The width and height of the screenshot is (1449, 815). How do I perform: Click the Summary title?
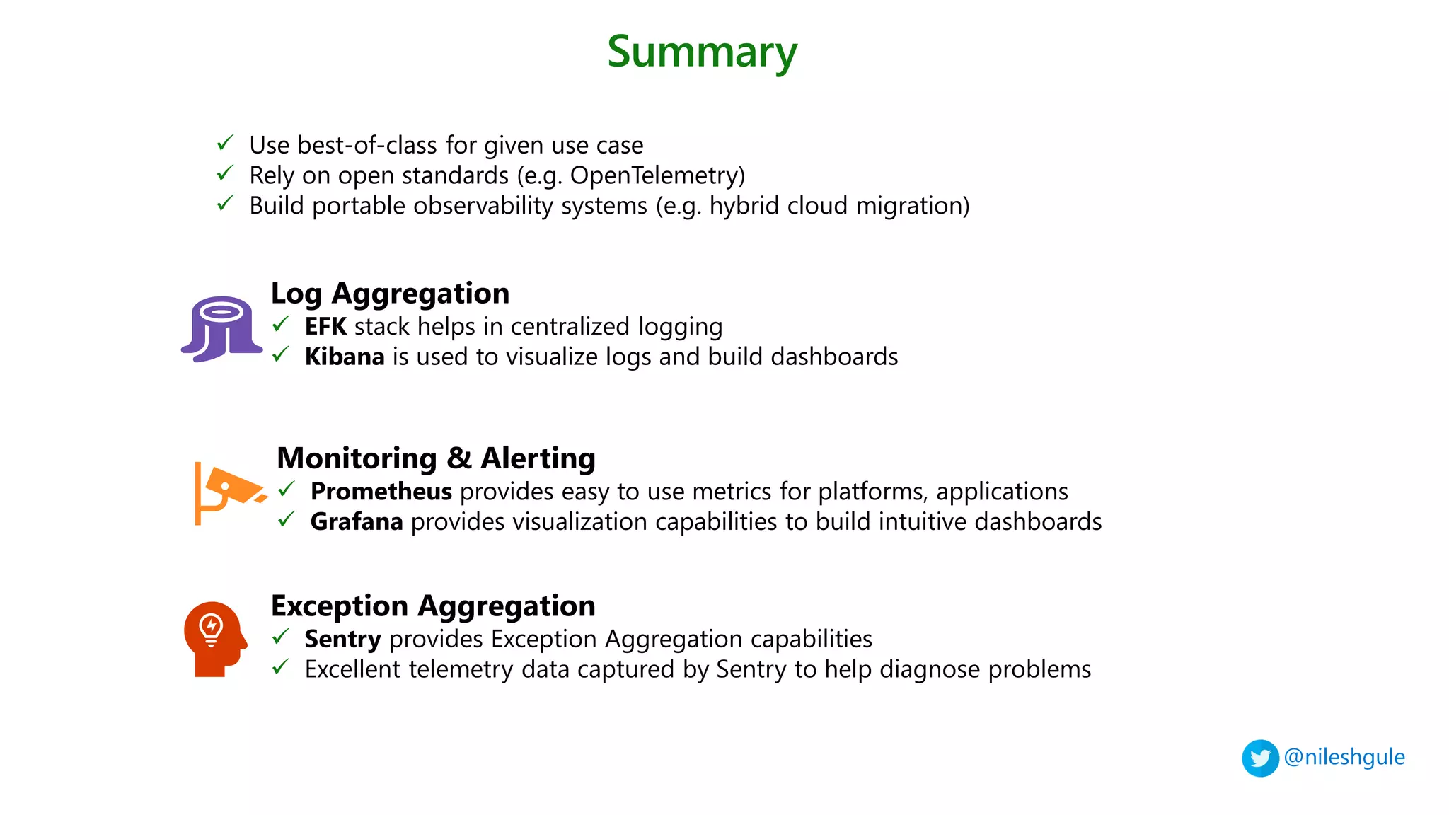[702, 52]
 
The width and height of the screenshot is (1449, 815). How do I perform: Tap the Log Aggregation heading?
[390, 294]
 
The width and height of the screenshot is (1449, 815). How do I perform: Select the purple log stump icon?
[222, 329]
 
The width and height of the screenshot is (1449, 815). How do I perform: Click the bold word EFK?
[325, 327]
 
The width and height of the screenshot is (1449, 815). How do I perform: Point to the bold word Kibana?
[345, 357]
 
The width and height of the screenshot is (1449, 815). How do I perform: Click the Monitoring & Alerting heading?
[436, 458]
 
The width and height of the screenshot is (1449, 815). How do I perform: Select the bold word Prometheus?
[381, 492]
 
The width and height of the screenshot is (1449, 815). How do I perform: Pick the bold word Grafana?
[357, 522]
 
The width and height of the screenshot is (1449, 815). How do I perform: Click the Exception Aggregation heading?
[433, 606]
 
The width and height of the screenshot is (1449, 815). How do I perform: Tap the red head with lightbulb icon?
[214, 639]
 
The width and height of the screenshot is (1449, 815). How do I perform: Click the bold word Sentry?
[342, 640]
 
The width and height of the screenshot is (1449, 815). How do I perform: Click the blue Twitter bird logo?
[1260, 758]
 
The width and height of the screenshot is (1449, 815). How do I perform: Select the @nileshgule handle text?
[1344, 757]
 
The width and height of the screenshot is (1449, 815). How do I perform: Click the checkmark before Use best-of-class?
[225, 143]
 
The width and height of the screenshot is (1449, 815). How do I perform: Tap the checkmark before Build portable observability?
[225, 204]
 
